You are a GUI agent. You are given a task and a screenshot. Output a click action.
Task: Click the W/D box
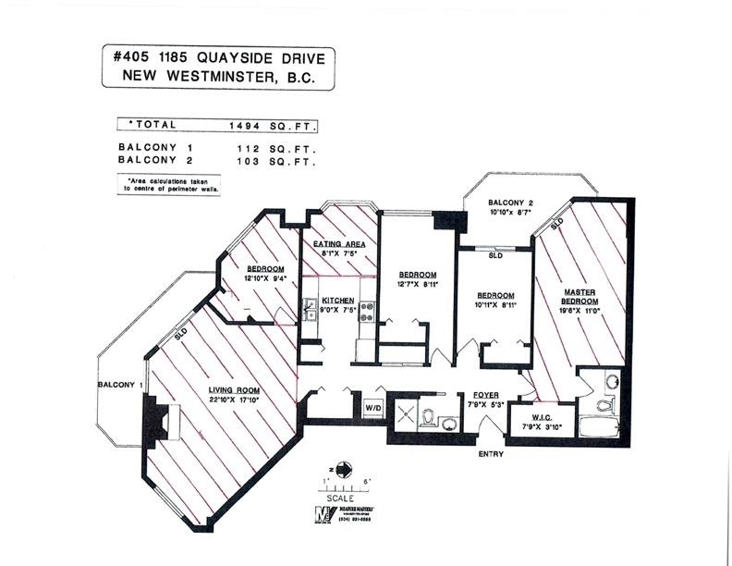[x=373, y=406]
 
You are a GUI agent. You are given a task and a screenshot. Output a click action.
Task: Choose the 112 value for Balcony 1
[x=249, y=147]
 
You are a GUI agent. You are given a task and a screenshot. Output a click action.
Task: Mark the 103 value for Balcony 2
[x=249, y=160]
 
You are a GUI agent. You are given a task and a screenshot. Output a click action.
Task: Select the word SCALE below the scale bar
[x=341, y=498]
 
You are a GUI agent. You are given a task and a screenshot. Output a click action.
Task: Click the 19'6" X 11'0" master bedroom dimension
[x=583, y=313]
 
